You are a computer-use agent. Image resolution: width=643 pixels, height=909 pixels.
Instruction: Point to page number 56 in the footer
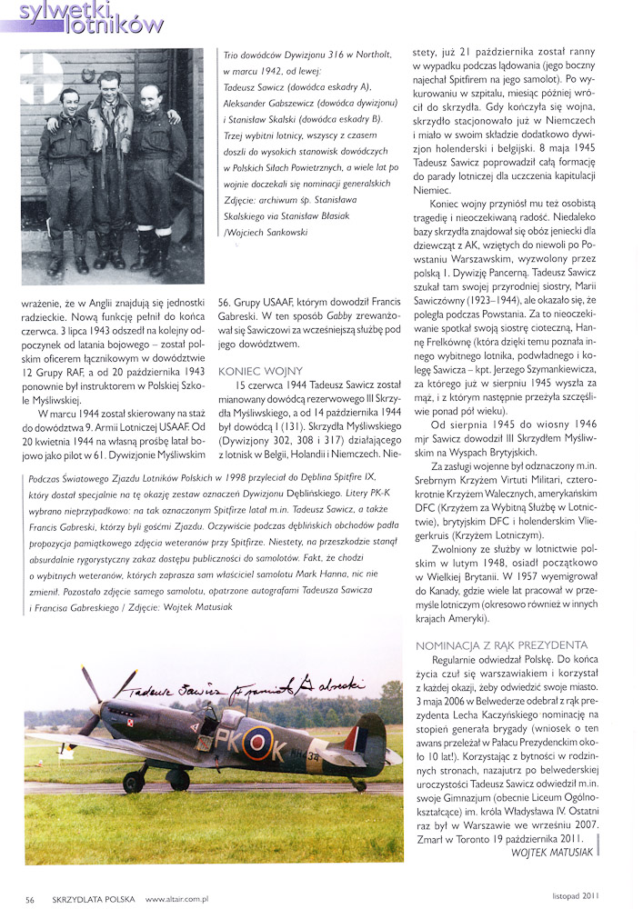click(30, 899)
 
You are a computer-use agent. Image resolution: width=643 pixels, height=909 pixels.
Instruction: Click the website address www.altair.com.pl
click(177, 899)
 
